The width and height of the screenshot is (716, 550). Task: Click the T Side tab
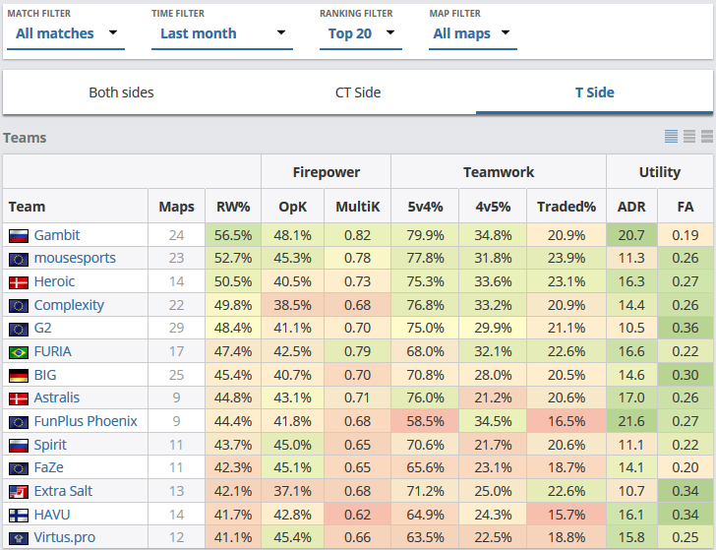coord(594,92)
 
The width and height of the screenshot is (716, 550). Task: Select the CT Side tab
coord(358,92)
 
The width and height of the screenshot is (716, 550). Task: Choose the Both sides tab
coord(121,92)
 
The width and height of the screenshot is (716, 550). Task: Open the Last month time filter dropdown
coord(225,33)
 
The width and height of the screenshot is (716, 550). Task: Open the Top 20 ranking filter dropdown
coord(362,33)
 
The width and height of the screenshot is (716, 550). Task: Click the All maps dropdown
coord(472,33)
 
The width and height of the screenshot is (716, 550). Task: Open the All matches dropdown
coord(67,33)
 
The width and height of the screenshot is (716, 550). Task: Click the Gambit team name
coord(57,235)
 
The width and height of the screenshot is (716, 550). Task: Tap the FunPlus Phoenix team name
coord(86,421)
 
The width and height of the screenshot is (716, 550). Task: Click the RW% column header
coord(233,207)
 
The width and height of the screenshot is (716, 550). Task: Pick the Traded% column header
coord(567,207)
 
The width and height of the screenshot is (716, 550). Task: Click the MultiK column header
coord(358,207)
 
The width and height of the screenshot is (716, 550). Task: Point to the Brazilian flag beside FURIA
coord(18,352)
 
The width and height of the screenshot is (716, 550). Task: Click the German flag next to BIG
coord(18,375)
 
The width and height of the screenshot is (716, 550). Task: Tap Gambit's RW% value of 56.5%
coord(233,235)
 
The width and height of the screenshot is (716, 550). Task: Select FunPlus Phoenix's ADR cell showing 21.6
coord(630,421)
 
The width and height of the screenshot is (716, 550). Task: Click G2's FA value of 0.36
coord(685,328)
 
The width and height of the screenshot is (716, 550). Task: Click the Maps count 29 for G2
coord(176,328)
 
